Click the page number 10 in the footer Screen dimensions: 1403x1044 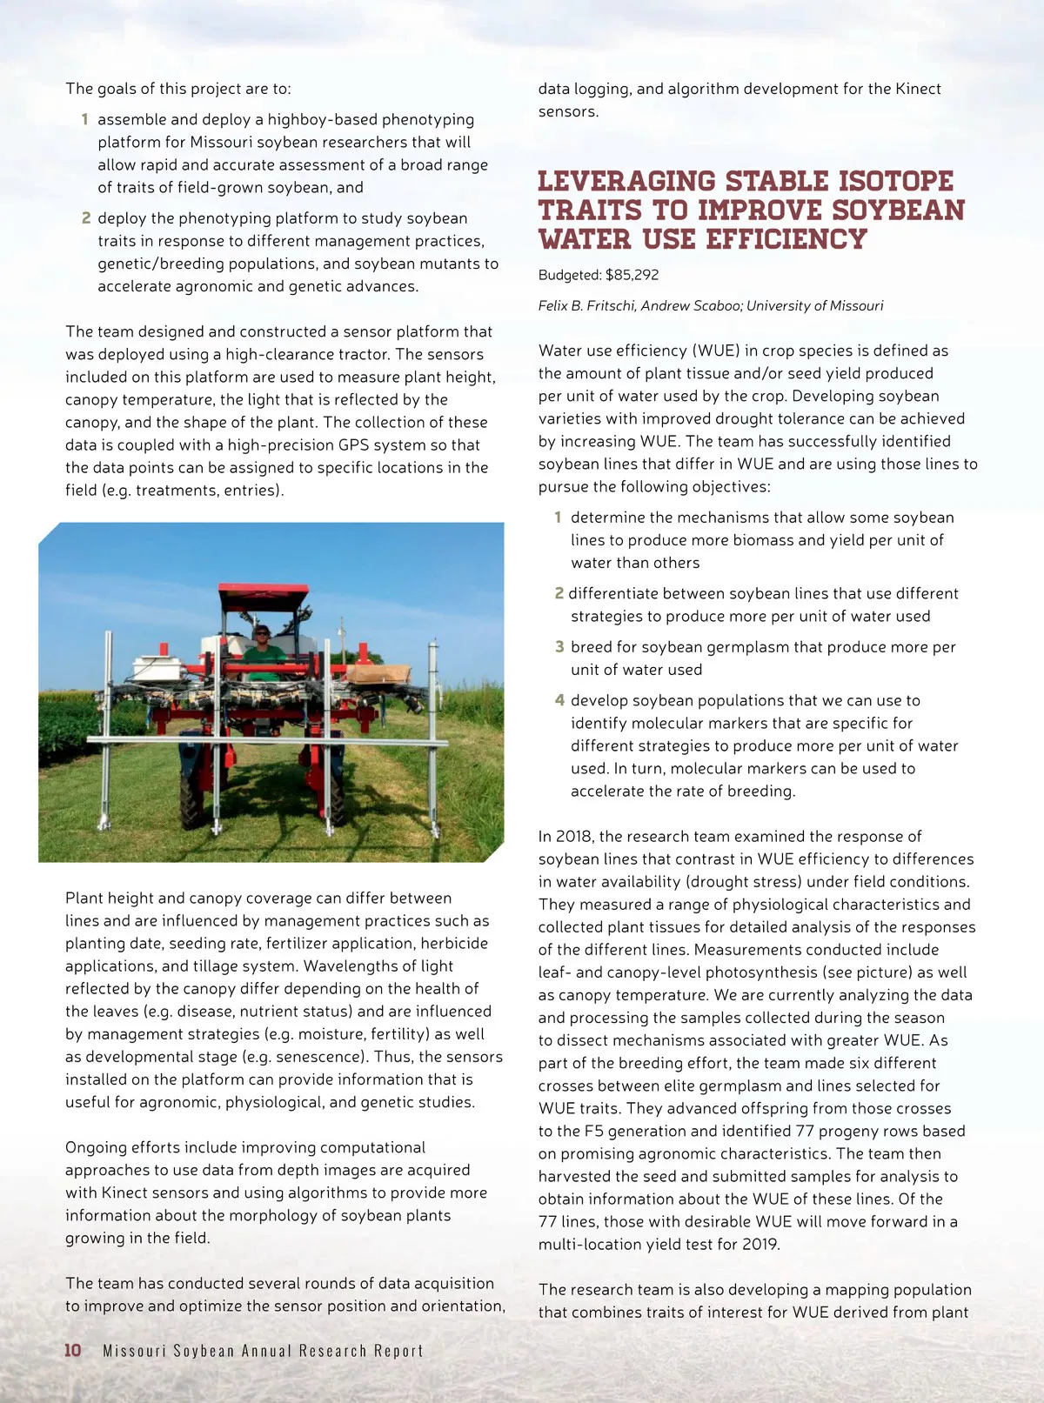coord(73,1350)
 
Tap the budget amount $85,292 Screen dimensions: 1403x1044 coord(632,275)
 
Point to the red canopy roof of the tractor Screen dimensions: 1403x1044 coord(264,596)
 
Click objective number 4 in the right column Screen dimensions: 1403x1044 coord(559,700)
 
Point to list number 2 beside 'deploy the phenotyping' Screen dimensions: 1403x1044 coord(86,218)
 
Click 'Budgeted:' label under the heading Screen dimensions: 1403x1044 coord(570,275)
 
